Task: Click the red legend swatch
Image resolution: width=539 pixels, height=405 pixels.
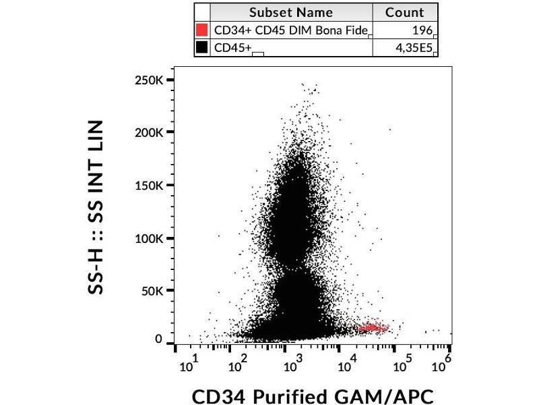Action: [201, 30]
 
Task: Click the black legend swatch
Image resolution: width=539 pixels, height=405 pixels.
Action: [201, 48]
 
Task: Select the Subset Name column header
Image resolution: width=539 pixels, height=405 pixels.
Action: [290, 12]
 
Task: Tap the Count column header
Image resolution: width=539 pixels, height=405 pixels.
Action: [404, 12]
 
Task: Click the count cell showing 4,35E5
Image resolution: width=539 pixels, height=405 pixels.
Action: [414, 48]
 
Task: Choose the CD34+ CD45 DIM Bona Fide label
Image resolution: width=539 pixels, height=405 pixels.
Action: [290, 30]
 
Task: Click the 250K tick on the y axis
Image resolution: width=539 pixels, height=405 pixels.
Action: [149, 80]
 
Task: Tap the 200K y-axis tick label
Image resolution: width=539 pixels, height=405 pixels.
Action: [149, 132]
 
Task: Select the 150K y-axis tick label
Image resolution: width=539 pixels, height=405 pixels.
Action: [149, 186]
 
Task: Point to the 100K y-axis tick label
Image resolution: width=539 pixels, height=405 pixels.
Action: [149, 238]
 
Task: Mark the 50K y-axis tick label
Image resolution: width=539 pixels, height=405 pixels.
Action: [152, 292]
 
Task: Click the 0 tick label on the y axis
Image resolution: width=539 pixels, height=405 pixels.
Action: [159, 340]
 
